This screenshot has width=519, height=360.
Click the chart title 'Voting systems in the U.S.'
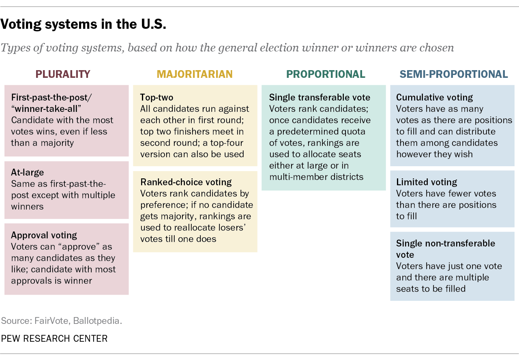click(x=83, y=25)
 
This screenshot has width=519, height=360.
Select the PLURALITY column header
click(x=63, y=74)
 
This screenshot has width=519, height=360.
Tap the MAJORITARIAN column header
click(x=195, y=74)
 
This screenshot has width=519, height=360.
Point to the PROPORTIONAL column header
click(x=326, y=74)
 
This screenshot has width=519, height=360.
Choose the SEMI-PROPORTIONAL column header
click(x=454, y=74)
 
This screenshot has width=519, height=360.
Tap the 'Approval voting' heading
click(x=44, y=235)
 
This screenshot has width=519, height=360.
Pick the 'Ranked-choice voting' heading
click(x=186, y=182)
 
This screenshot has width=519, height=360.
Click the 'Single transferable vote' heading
click(x=320, y=97)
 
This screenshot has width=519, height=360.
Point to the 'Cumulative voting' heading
click(x=434, y=97)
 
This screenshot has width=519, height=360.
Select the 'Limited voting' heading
click(x=426, y=182)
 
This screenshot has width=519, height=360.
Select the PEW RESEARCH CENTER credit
click(x=54, y=339)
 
